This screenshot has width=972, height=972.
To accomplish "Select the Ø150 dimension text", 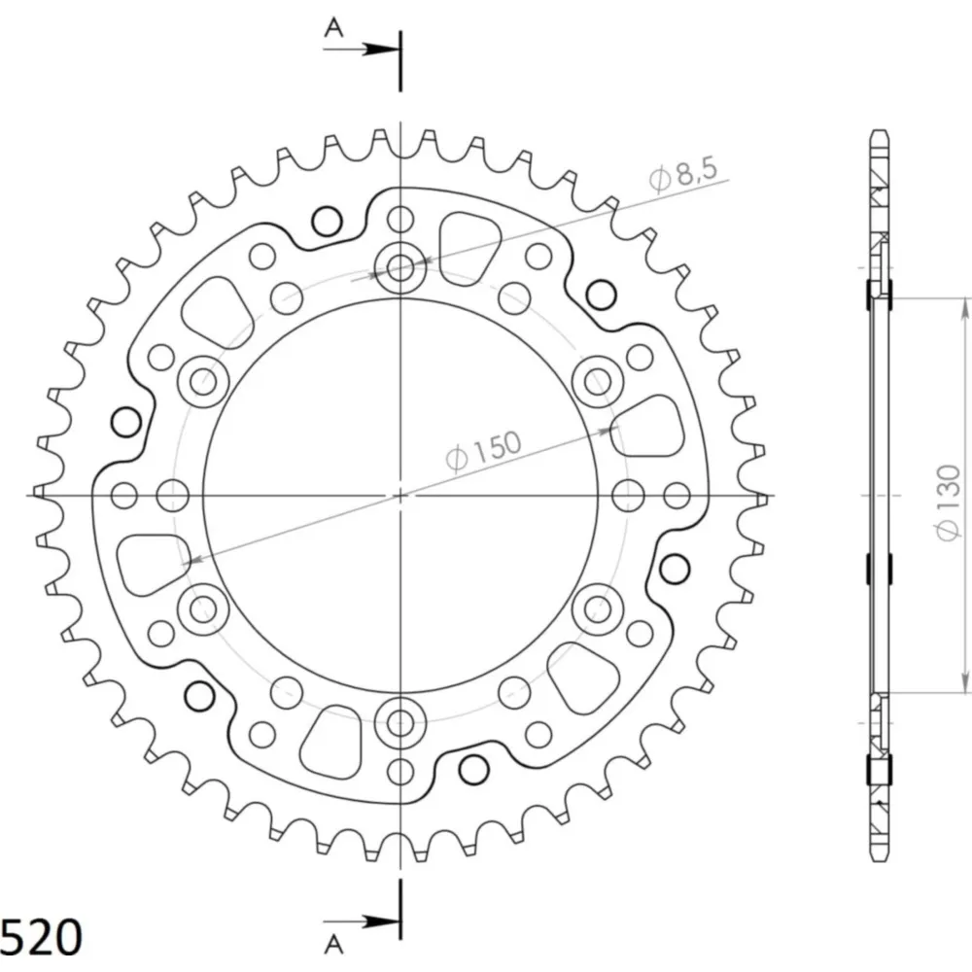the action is click(483, 451).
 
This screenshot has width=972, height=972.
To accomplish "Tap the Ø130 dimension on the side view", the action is click(948, 503).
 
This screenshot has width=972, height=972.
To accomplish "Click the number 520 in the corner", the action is click(41, 937).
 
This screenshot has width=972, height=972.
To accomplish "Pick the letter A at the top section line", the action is click(333, 27).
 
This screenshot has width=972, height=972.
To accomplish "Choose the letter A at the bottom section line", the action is click(333, 944).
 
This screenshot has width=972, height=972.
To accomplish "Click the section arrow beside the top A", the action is click(361, 49).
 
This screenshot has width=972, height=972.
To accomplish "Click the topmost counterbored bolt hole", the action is click(400, 268).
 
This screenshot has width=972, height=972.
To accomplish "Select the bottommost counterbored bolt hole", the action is click(400, 721).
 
